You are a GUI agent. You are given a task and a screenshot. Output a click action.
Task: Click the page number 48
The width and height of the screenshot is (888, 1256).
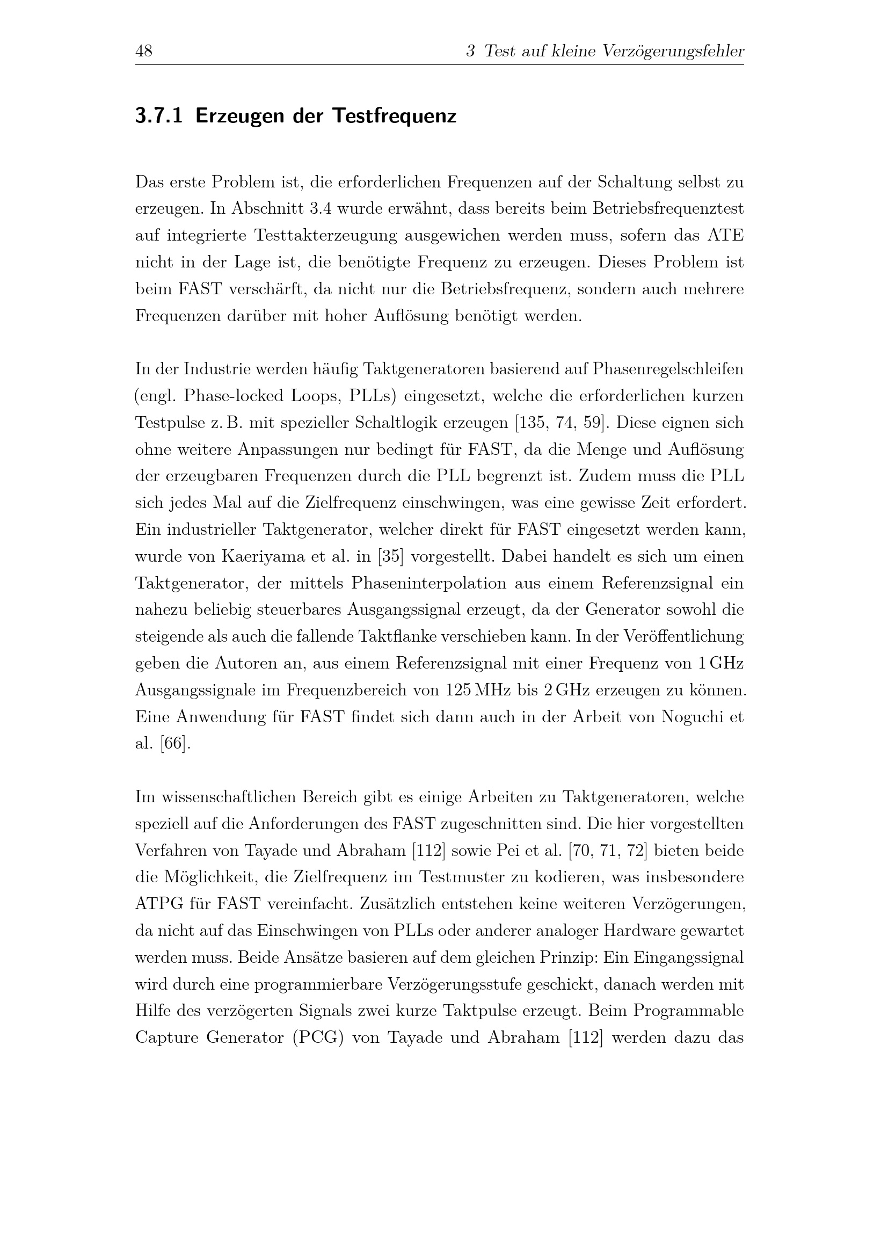(144, 52)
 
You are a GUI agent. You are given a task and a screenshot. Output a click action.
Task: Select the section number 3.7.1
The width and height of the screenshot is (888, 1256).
(158, 117)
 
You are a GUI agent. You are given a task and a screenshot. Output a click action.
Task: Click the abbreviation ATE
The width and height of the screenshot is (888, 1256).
(726, 236)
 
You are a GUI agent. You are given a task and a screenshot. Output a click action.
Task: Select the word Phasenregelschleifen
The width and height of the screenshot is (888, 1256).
(668, 369)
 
